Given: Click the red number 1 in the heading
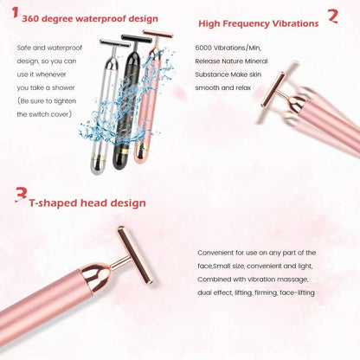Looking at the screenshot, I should [14, 15].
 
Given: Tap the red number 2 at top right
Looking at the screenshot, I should [332, 16].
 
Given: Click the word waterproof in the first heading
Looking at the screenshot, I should [96, 16].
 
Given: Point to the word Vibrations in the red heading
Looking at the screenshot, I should [287, 25].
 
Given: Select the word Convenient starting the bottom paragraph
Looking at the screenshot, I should [216, 253].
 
